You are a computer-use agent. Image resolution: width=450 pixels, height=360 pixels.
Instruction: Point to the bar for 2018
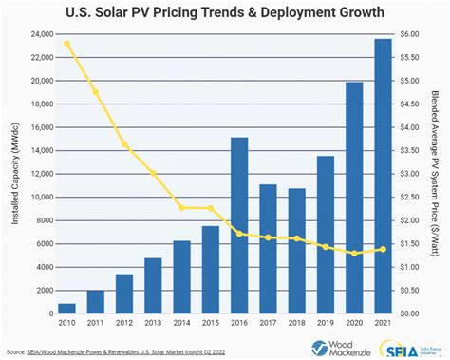coord(296,251)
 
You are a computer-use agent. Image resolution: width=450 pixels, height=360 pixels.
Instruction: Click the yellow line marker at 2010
coord(67,44)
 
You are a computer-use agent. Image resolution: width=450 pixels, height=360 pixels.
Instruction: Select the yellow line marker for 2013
coord(153,173)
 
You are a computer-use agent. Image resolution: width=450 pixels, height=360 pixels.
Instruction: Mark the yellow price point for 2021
coord(384,249)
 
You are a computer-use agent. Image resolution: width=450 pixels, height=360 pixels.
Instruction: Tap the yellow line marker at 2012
coord(124,144)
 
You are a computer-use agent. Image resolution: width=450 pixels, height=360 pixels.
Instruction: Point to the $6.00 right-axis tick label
coord(413,33)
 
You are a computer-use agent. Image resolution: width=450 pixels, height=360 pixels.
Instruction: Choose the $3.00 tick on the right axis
coord(413,173)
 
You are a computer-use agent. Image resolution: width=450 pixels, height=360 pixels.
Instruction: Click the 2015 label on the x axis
coord(211,324)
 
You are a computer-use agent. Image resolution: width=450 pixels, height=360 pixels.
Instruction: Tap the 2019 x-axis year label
coord(326,324)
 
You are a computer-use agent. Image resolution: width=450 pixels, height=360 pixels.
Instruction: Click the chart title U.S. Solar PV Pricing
coord(224,12)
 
